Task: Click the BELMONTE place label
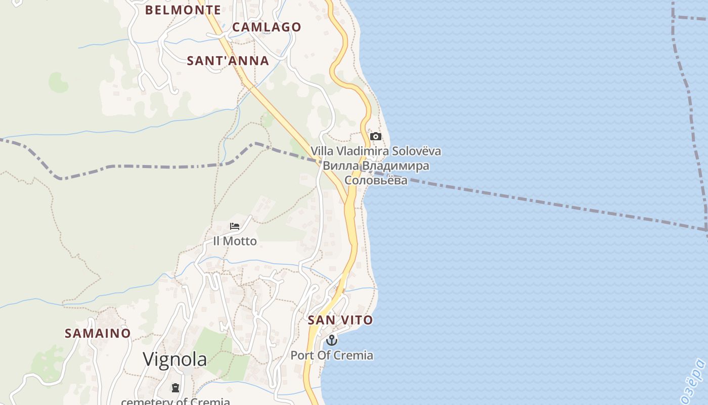pyautogui.click(x=183, y=10)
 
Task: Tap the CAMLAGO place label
pyautogui.click(x=267, y=27)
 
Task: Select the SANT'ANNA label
pyautogui.click(x=228, y=61)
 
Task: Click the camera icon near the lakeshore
pyautogui.click(x=376, y=136)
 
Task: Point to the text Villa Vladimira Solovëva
pyautogui.click(x=376, y=151)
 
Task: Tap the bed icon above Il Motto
pyautogui.click(x=235, y=226)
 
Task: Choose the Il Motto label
pyautogui.click(x=235, y=241)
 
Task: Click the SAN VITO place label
pyautogui.click(x=340, y=320)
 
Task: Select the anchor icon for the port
pyautogui.click(x=332, y=340)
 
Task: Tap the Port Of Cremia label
pyautogui.click(x=332, y=355)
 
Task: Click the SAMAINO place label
pyautogui.click(x=98, y=333)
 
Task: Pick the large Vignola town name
pyautogui.click(x=174, y=359)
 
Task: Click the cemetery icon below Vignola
pyautogui.click(x=175, y=388)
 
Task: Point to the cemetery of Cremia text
pyautogui.click(x=175, y=401)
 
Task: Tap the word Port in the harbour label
pyautogui.click(x=301, y=355)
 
